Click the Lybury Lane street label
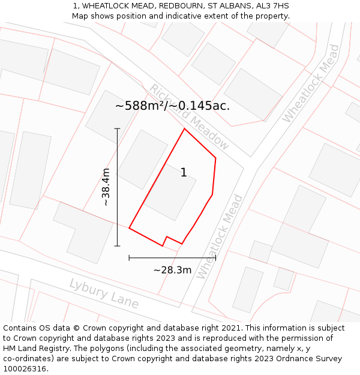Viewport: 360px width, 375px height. [103, 293]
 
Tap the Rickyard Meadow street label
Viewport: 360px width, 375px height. [189, 116]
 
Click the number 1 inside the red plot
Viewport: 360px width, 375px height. [184, 173]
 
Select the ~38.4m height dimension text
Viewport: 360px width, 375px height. [106, 187]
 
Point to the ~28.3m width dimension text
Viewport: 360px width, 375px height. [172, 270]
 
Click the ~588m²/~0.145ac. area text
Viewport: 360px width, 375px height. [172, 106]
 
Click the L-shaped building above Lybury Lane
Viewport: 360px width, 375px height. [83, 232]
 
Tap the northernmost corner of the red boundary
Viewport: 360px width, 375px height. [184, 128]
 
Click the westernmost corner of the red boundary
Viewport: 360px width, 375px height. [129, 228]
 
